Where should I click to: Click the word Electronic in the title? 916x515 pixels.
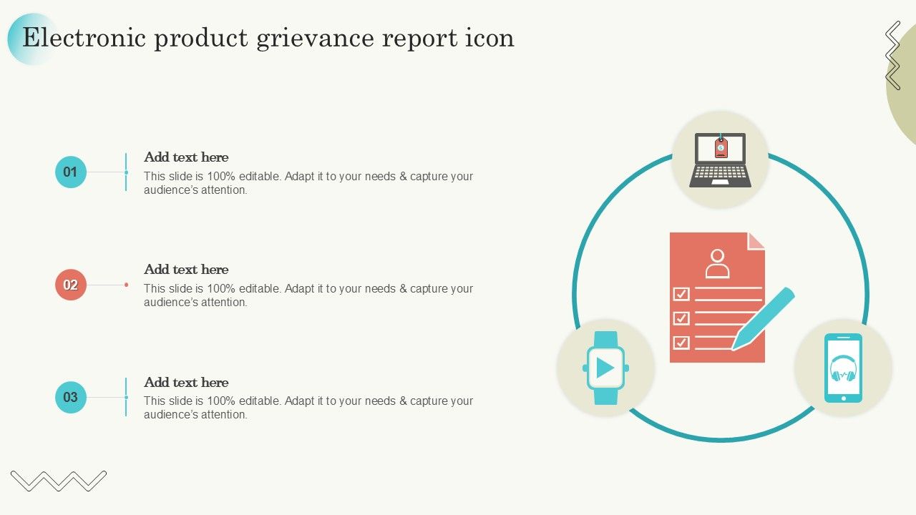click(x=84, y=38)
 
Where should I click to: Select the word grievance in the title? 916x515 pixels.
click(x=316, y=39)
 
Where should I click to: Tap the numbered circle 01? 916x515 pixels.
click(x=71, y=172)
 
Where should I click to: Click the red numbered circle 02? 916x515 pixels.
click(x=71, y=285)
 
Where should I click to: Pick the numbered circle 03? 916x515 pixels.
click(x=71, y=397)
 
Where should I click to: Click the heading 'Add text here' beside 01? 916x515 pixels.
click(x=186, y=157)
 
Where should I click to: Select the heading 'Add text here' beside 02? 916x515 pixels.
click(x=186, y=270)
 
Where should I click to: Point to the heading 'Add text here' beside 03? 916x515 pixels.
click(x=186, y=382)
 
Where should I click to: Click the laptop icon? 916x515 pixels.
click(x=720, y=160)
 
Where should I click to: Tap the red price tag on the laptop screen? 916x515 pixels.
click(x=721, y=147)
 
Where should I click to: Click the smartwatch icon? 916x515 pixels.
click(x=605, y=368)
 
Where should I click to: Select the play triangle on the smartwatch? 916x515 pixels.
click(x=605, y=368)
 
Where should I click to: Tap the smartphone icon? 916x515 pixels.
click(x=843, y=368)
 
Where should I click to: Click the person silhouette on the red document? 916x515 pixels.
click(x=717, y=264)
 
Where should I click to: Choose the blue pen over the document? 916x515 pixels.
click(x=763, y=319)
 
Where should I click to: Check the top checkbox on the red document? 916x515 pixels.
click(x=681, y=294)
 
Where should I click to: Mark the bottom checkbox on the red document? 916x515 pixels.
click(x=681, y=343)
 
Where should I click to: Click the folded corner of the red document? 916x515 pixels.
click(x=756, y=241)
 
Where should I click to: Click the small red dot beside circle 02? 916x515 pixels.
click(x=127, y=285)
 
